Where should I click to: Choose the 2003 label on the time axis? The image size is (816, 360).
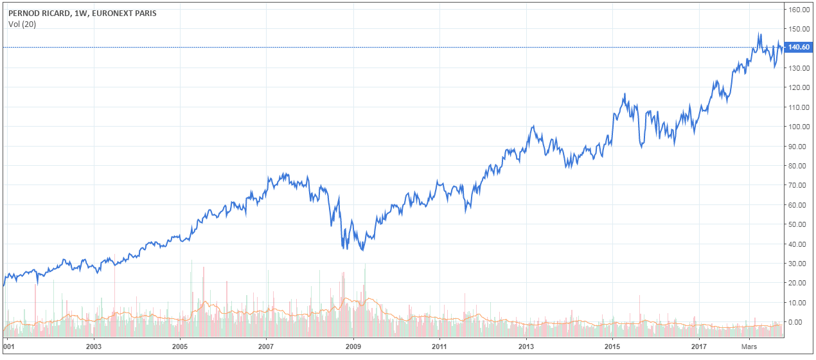(x=94, y=345)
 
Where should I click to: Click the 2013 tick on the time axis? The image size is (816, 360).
(x=526, y=345)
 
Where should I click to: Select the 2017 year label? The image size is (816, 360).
(x=698, y=345)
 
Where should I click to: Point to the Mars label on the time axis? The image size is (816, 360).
(x=749, y=345)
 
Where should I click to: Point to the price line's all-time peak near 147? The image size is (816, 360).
(x=759, y=33)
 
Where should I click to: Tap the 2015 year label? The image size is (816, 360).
(x=612, y=345)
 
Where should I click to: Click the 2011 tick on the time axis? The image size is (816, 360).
(x=439, y=345)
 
